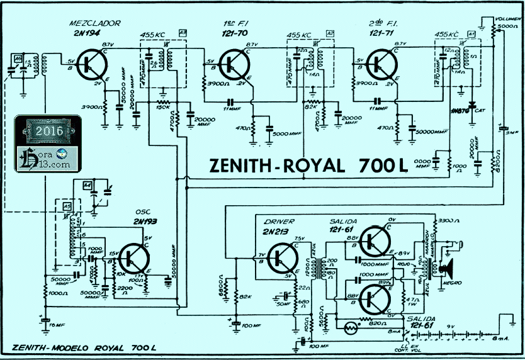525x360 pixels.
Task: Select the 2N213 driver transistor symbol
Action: click(x=281, y=258)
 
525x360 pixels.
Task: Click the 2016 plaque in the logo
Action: click(x=49, y=131)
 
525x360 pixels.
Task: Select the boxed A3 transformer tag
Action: click(x=183, y=32)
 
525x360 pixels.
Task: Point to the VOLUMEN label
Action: click(x=506, y=19)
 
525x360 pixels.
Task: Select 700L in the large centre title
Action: click(x=383, y=166)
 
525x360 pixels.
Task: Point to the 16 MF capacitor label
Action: click(x=57, y=325)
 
